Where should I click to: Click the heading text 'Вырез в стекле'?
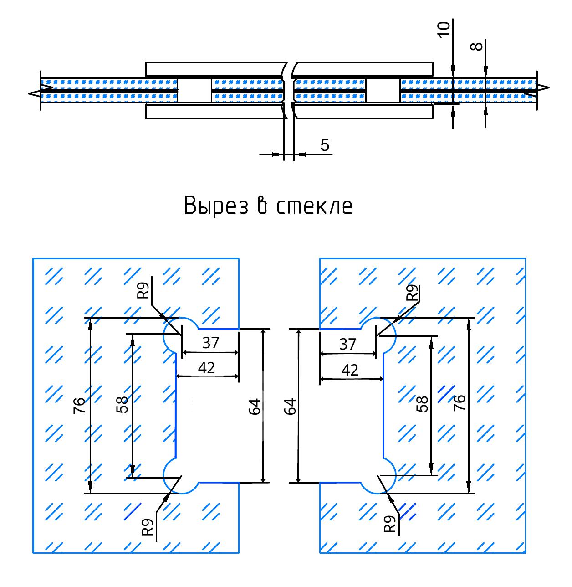click(x=268, y=206)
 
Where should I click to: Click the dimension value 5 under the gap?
click(x=325, y=145)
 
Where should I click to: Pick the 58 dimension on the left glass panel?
click(x=122, y=404)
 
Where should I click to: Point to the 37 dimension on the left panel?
click(x=211, y=343)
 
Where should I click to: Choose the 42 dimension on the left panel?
click(x=207, y=368)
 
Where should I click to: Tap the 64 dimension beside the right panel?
click(x=290, y=406)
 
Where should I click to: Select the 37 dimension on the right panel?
click(x=347, y=344)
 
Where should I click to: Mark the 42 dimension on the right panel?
click(x=350, y=370)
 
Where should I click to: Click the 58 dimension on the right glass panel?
click(x=423, y=404)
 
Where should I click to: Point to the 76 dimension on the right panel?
click(x=460, y=404)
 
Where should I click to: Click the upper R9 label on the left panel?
click(x=144, y=290)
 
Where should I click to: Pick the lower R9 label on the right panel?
click(x=390, y=524)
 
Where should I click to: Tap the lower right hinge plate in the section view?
click(x=363, y=112)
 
